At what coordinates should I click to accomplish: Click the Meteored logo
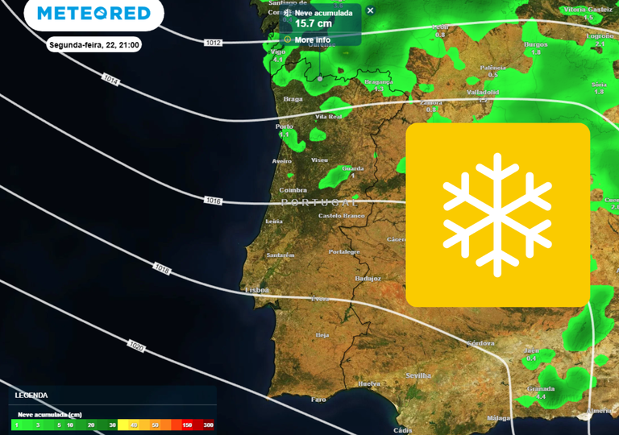pyautogui.click(x=93, y=14)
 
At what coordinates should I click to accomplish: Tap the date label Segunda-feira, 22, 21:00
pyautogui.click(x=94, y=45)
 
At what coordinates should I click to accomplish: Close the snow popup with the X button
pyautogui.click(x=371, y=10)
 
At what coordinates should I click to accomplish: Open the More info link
pyautogui.click(x=312, y=39)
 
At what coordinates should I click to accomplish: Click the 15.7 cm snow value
pyautogui.click(x=313, y=24)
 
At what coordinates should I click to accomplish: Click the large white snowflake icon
pyautogui.click(x=497, y=214)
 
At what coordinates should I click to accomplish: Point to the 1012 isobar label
pyautogui.click(x=213, y=43)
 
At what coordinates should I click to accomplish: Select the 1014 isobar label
pyautogui.click(x=111, y=81)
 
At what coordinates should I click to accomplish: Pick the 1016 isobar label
pyautogui.click(x=213, y=200)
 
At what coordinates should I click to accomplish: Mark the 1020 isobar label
pyautogui.click(x=136, y=346)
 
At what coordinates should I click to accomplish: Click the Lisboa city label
pyautogui.click(x=257, y=289)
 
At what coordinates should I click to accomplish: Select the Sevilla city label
pyautogui.click(x=418, y=375)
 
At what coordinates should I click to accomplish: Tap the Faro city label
pyautogui.click(x=318, y=399)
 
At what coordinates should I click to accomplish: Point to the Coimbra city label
pyautogui.click(x=293, y=190)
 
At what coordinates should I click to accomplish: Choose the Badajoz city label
pyautogui.click(x=368, y=279)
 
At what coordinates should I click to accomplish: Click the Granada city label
pyautogui.click(x=541, y=388)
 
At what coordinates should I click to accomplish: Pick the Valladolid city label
pyautogui.click(x=483, y=92)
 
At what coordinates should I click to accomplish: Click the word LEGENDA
pyautogui.click(x=31, y=396)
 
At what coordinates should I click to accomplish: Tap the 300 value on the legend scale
pyautogui.click(x=208, y=425)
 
